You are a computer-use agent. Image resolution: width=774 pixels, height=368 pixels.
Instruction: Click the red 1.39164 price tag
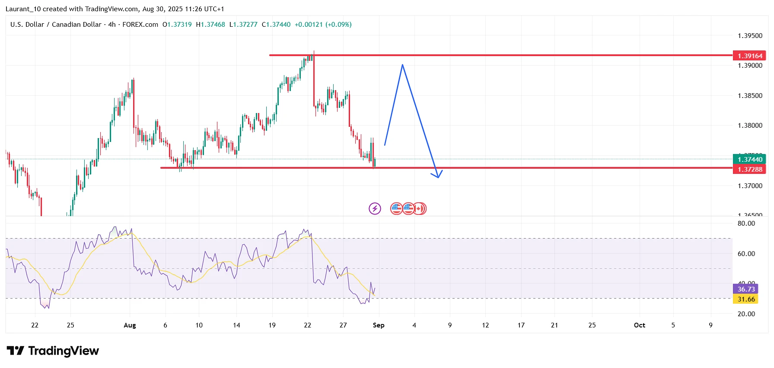pyautogui.click(x=749, y=56)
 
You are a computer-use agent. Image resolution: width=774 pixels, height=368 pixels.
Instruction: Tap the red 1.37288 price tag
pyautogui.click(x=749, y=169)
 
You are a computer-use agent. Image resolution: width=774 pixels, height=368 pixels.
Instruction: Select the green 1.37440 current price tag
pyautogui.click(x=749, y=159)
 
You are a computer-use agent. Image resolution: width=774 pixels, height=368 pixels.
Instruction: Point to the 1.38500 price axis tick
pyautogui.click(x=750, y=95)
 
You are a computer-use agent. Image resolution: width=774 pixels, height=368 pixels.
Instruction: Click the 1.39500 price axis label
pyautogui.click(x=750, y=35)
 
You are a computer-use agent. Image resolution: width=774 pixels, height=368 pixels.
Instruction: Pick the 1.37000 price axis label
pyautogui.click(x=750, y=186)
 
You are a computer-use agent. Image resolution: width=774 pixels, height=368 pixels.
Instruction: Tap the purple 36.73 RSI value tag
pyautogui.click(x=746, y=289)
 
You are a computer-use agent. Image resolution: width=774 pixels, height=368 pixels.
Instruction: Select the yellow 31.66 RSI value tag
pyautogui.click(x=746, y=299)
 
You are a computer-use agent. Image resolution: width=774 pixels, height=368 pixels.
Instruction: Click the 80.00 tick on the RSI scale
pyautogui.click(x=746, y=223)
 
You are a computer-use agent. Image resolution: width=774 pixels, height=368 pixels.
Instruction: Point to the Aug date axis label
pyautogui.click(x=130, y=325)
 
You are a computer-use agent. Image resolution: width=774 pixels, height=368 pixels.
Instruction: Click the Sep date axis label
pyautogui.click(x=379, y=325)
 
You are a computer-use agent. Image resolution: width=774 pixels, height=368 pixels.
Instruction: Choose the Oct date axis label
pyautogui.click(x=639, y=325)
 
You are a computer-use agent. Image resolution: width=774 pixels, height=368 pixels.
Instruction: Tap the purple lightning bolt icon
pyautogui.click(x=375, y=209)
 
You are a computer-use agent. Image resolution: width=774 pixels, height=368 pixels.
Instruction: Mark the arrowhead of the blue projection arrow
pyautogui.click(x=438, y=176)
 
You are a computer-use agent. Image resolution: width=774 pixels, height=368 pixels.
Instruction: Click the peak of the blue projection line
pyautogui.click(x=402, y=65)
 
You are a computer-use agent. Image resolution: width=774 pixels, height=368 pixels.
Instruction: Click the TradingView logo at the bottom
pyautogui.click(x=53, y=351)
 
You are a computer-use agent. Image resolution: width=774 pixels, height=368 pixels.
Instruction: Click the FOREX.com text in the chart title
pyautogui.click(x=140, y=25)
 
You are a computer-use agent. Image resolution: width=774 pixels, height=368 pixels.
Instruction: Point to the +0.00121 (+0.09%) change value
pyautogui.click(x=323, y=25)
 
